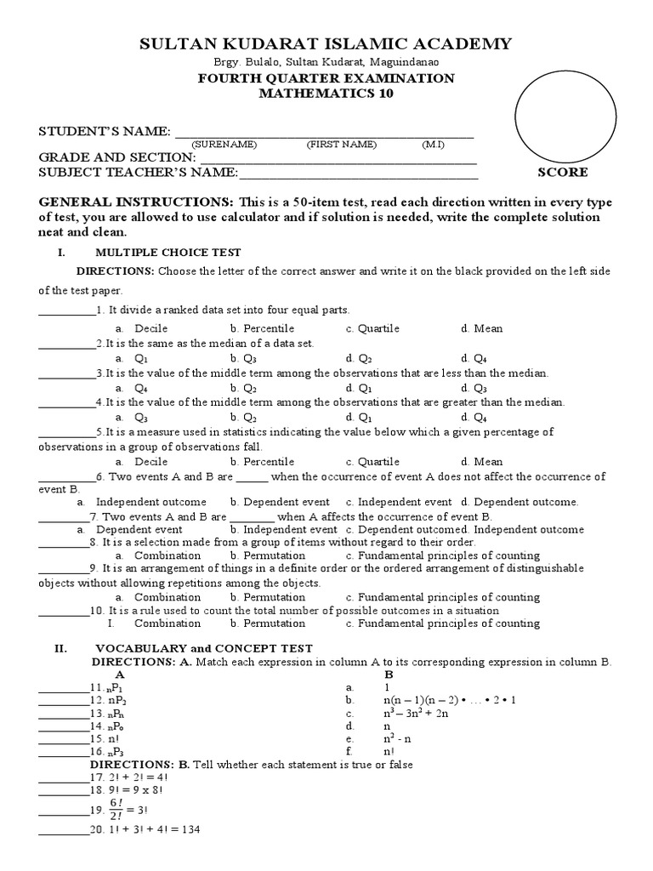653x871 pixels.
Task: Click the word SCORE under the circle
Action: click(562, 173)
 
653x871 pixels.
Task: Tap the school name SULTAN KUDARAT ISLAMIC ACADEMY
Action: click(326, 43)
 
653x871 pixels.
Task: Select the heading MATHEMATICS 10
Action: click(326, 94)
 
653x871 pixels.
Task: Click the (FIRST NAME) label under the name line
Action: click(341, 145)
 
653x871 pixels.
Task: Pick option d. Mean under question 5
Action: click(482, 462)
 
